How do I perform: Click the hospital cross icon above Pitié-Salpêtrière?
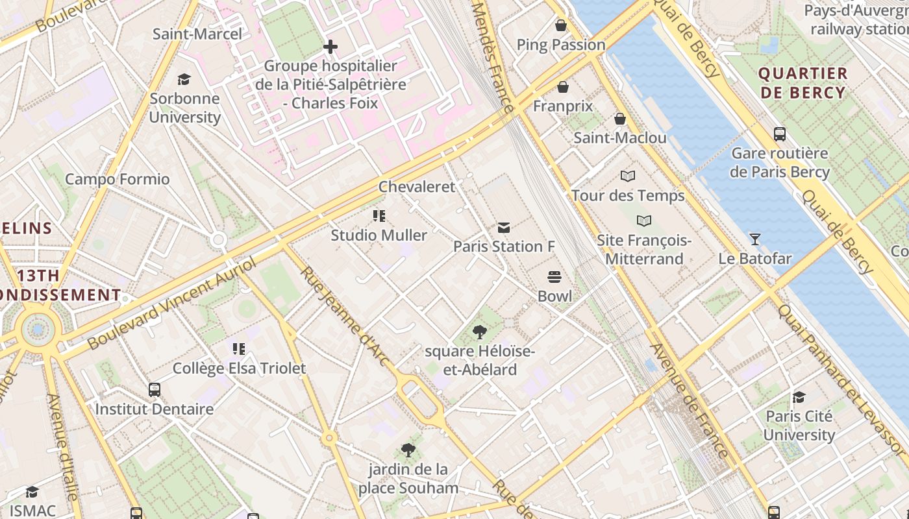tap(330, 47)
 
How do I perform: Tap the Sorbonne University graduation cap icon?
tap(184, 80)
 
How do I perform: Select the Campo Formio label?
tap(118, 179)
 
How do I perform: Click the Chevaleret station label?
tap(417, 187)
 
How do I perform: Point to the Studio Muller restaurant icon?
tap(379, 216)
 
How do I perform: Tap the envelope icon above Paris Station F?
tap(503, 228)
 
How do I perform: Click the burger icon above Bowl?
tap(554, 277)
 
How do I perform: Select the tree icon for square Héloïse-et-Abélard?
tap(480, 333)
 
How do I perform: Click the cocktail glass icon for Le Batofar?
tap(754, 239)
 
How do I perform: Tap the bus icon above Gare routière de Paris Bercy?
tap(780, 134)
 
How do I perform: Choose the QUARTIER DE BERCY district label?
tap(803, 83)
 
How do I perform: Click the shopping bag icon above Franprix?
tap(563, 87)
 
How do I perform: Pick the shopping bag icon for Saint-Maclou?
tap(620, 119)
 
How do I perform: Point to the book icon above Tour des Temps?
tap(628, 176)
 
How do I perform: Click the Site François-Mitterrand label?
tap(643, 250)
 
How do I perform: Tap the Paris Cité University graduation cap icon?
tap(799, 397)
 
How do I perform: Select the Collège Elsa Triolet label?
tap(239, 368)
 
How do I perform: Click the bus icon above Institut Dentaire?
tap(155, 390)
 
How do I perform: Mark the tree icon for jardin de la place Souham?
tap(408, 450)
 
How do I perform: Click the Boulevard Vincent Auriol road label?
tap(172, 302)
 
